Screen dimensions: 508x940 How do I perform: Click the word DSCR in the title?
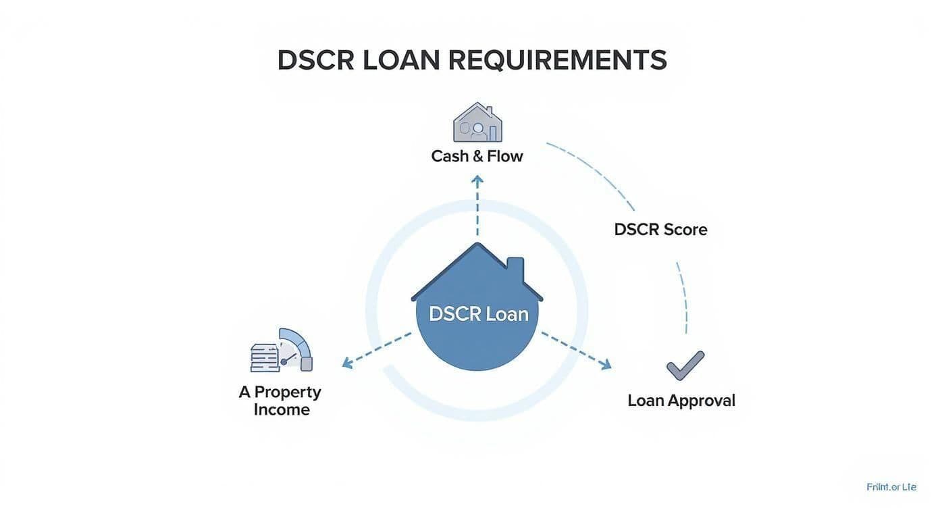coord(315,61)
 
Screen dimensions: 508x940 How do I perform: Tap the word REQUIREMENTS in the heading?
coord(557,61)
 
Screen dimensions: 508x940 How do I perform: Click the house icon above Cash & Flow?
coord(477,122)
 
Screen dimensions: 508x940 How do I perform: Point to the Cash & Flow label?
coord(477,156)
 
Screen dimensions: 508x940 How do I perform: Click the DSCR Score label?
coord(660,230)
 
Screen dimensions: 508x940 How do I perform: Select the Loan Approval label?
coord(681,401)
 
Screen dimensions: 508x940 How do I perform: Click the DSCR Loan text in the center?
coord(478,313)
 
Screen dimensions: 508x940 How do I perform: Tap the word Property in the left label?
coord(288,392)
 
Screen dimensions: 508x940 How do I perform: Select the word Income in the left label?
coord(282,409)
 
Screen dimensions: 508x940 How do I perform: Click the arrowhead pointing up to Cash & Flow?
coord(477,180)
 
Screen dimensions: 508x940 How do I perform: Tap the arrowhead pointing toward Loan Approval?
coord(606,365)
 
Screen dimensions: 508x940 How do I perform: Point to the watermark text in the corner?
coord(891,486)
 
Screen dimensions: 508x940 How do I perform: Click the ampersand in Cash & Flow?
coord(477,156)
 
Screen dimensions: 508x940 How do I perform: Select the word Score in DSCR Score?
coord(685,230)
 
